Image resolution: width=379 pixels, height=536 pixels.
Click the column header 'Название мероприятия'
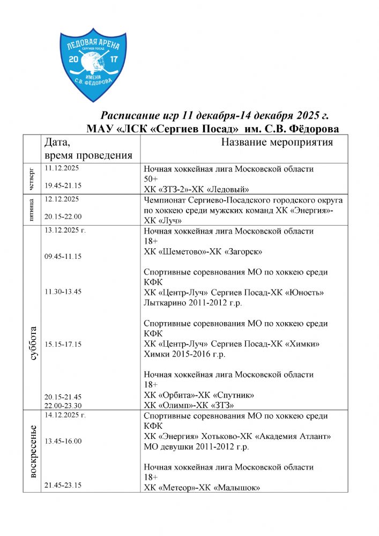coord(277,142)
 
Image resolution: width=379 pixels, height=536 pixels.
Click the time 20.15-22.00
coord(63,217)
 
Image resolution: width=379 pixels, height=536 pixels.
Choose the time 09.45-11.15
coord(63,256)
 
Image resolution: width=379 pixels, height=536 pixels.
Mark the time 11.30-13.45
coord(63,292)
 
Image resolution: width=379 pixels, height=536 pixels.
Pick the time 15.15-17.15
coord(63,344)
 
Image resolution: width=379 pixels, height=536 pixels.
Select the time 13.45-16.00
coord(63,441)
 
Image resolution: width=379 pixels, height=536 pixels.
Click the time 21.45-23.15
coord(63,485)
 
